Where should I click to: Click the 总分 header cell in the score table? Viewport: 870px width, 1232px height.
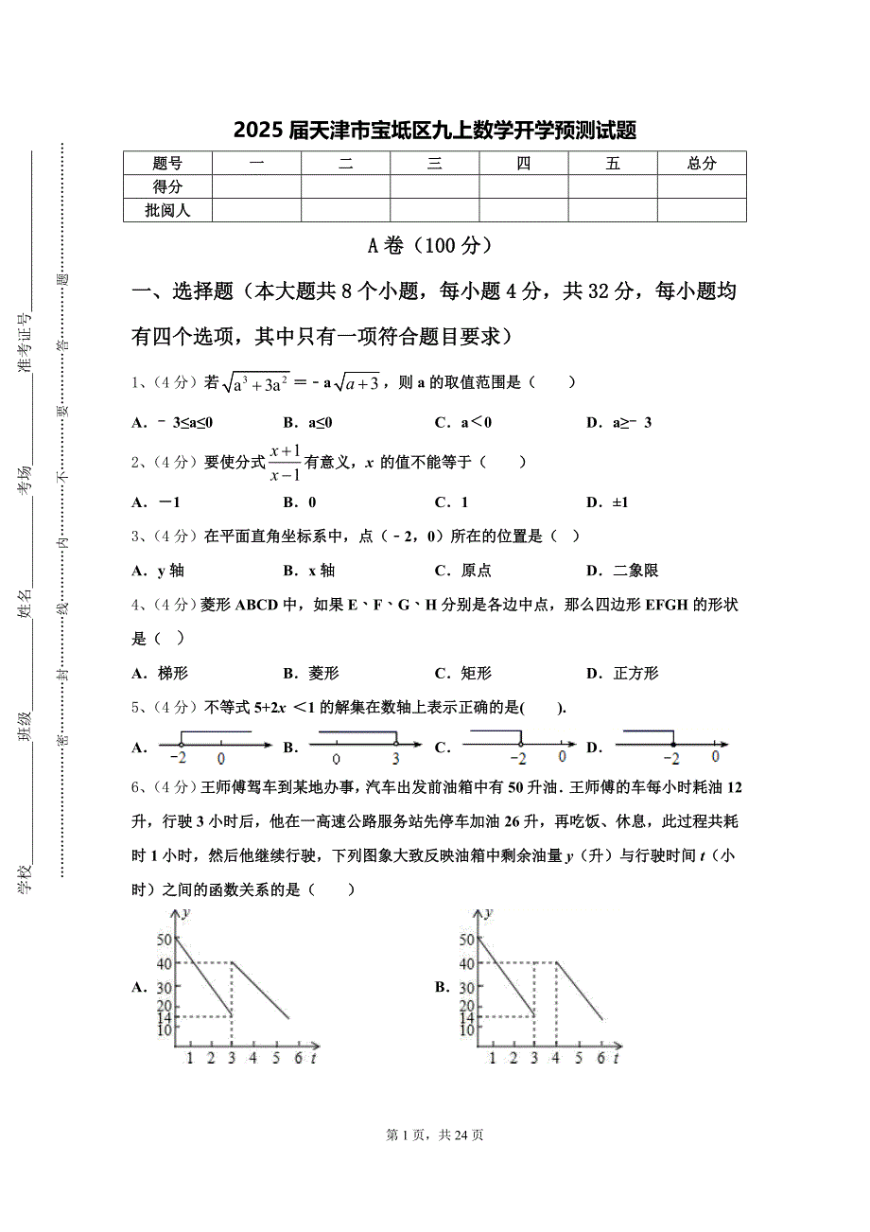[x=702, y=164]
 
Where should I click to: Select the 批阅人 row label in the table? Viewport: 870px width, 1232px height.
[x=167, y=210]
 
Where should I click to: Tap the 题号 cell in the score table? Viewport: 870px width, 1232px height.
[x=167, y=164]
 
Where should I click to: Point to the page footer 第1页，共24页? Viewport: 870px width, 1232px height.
[x=435, y=1135]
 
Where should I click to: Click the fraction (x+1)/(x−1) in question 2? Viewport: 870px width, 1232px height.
[x=285, y=463]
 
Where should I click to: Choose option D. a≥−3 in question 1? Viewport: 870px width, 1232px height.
[x=618, y=423]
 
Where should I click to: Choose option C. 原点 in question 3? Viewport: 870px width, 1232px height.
[x=462, y=571]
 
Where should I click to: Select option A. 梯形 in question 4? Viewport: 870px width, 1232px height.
[x=161, y=674]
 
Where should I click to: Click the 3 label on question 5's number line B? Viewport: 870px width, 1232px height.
[x=395, y=759]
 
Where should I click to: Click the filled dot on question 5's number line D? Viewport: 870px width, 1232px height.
[x=672, y=747]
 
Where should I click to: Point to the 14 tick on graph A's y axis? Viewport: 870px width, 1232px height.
[x=164, y=1018]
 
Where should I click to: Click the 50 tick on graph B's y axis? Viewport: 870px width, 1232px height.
[x=466, y=940]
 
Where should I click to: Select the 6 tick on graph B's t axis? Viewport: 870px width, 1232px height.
[x=600, y=1058]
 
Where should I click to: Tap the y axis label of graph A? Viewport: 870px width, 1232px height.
[x=186, y=913]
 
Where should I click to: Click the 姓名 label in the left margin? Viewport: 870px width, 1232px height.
[x=26, y=603]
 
